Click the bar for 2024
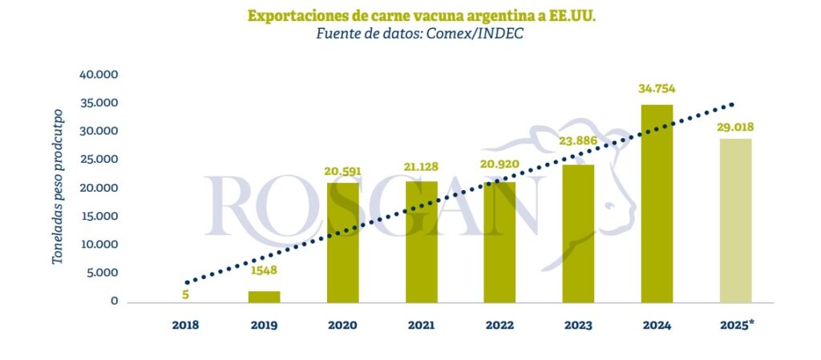coord(657,204)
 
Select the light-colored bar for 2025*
coord(735,220)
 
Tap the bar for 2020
coord(342,243)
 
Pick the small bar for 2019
coord(264,297)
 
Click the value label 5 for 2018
coord(186,294)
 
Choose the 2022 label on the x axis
coord(499,326)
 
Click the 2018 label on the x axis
coord(185,326)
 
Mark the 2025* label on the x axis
coord(737,326)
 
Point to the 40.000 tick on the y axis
coord(99,75)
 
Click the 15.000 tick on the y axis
coord(99,216)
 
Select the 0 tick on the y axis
coord(115,301)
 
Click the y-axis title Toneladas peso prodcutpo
coord(58,196)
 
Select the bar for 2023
coord(579,233)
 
